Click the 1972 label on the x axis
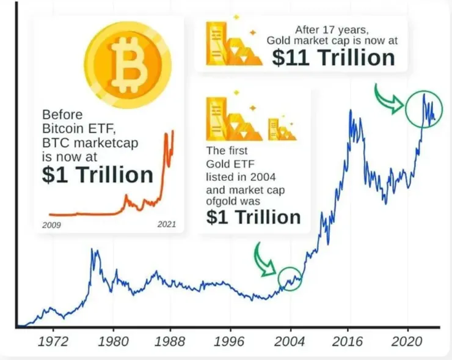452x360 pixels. pyautogui.click(x=53, y=340)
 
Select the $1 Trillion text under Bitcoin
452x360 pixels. pyautogui.click(x=98, y=174)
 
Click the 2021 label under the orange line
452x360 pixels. pyautogui.click(x=166, y=225)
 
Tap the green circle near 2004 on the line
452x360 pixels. pyautogui.click(x=290, y=279)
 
